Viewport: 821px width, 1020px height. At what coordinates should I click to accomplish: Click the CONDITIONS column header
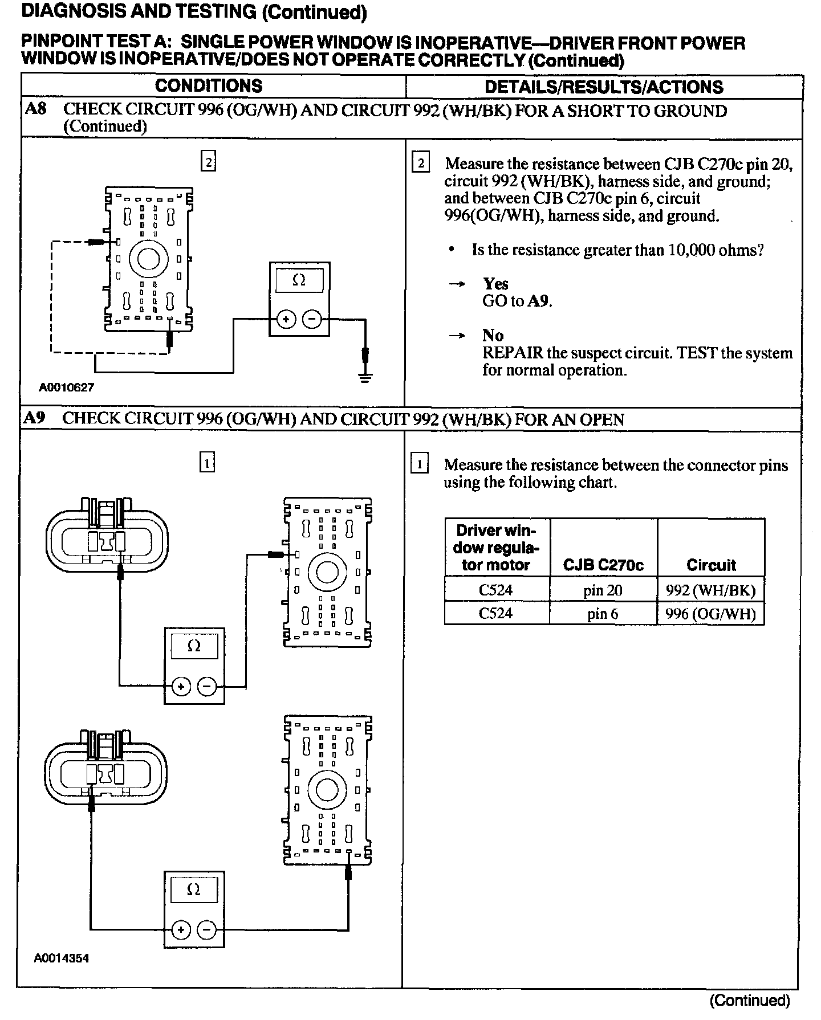click(209, 86)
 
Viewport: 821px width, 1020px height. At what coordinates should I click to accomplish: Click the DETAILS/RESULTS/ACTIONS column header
click(603, 87)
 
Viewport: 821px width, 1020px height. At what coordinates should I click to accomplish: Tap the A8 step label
click(35, 109)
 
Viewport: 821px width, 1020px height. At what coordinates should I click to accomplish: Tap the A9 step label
click(34, 418)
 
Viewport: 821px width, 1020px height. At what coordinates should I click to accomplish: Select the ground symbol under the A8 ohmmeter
click(365, 377)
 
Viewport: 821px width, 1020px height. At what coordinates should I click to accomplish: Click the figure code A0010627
click(67, 387)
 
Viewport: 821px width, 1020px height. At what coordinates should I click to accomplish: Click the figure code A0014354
click(62, 958)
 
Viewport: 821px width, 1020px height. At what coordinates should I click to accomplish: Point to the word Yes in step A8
click(495, 284)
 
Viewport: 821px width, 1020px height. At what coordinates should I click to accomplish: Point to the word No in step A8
click(493, 335)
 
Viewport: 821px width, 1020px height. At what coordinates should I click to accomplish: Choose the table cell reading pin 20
click(603, 590)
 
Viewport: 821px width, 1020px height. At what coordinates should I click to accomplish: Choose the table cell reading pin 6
click(603, 614)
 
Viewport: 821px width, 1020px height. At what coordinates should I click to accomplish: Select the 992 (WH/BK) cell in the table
click(710, 590)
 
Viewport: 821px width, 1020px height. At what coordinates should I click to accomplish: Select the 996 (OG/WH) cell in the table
click(710, 614)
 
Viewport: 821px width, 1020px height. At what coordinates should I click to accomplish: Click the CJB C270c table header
click(603, 565)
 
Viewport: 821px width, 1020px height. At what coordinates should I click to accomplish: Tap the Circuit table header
click(711, 565)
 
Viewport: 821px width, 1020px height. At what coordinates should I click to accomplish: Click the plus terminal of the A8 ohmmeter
click(286, 319)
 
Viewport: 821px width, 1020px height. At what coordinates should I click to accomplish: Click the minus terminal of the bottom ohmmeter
click(206, 930)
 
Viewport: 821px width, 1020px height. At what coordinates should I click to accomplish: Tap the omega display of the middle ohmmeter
click(194, 646)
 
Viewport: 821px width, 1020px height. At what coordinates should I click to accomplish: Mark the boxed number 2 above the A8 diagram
click(209, 162)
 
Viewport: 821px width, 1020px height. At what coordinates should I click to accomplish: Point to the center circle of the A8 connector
click(148, 259)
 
